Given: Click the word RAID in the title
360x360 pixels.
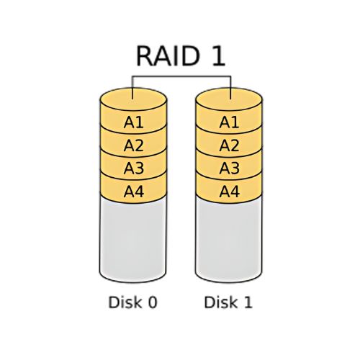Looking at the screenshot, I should tap(162, 56).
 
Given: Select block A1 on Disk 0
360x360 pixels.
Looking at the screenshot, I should tap(133, 122).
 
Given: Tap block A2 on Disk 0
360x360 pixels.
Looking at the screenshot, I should tap(133, 145).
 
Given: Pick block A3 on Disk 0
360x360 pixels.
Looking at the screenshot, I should tap(133, 168).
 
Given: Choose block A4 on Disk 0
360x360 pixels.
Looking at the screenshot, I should tap(133, 192).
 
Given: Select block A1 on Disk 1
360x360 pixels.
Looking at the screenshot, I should tap(229, 122).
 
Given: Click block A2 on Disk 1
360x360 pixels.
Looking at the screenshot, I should tap(229, 145).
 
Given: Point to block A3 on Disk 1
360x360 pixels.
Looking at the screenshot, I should tap(229, 168).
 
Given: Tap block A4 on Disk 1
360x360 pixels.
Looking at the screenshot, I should tap(229, 192).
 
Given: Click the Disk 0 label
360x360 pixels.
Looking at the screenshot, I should tap(132, 302).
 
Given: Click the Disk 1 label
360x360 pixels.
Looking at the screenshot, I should tap(228, 302).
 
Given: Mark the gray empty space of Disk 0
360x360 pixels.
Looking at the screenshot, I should tap(133, 241).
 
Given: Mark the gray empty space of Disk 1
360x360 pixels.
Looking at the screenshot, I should tap(229, 241).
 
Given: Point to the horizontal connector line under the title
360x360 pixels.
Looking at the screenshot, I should tap(180, 75).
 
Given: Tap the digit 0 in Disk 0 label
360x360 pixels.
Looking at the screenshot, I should tap(152, 302).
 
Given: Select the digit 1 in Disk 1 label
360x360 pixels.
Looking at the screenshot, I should tap(248, 302).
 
